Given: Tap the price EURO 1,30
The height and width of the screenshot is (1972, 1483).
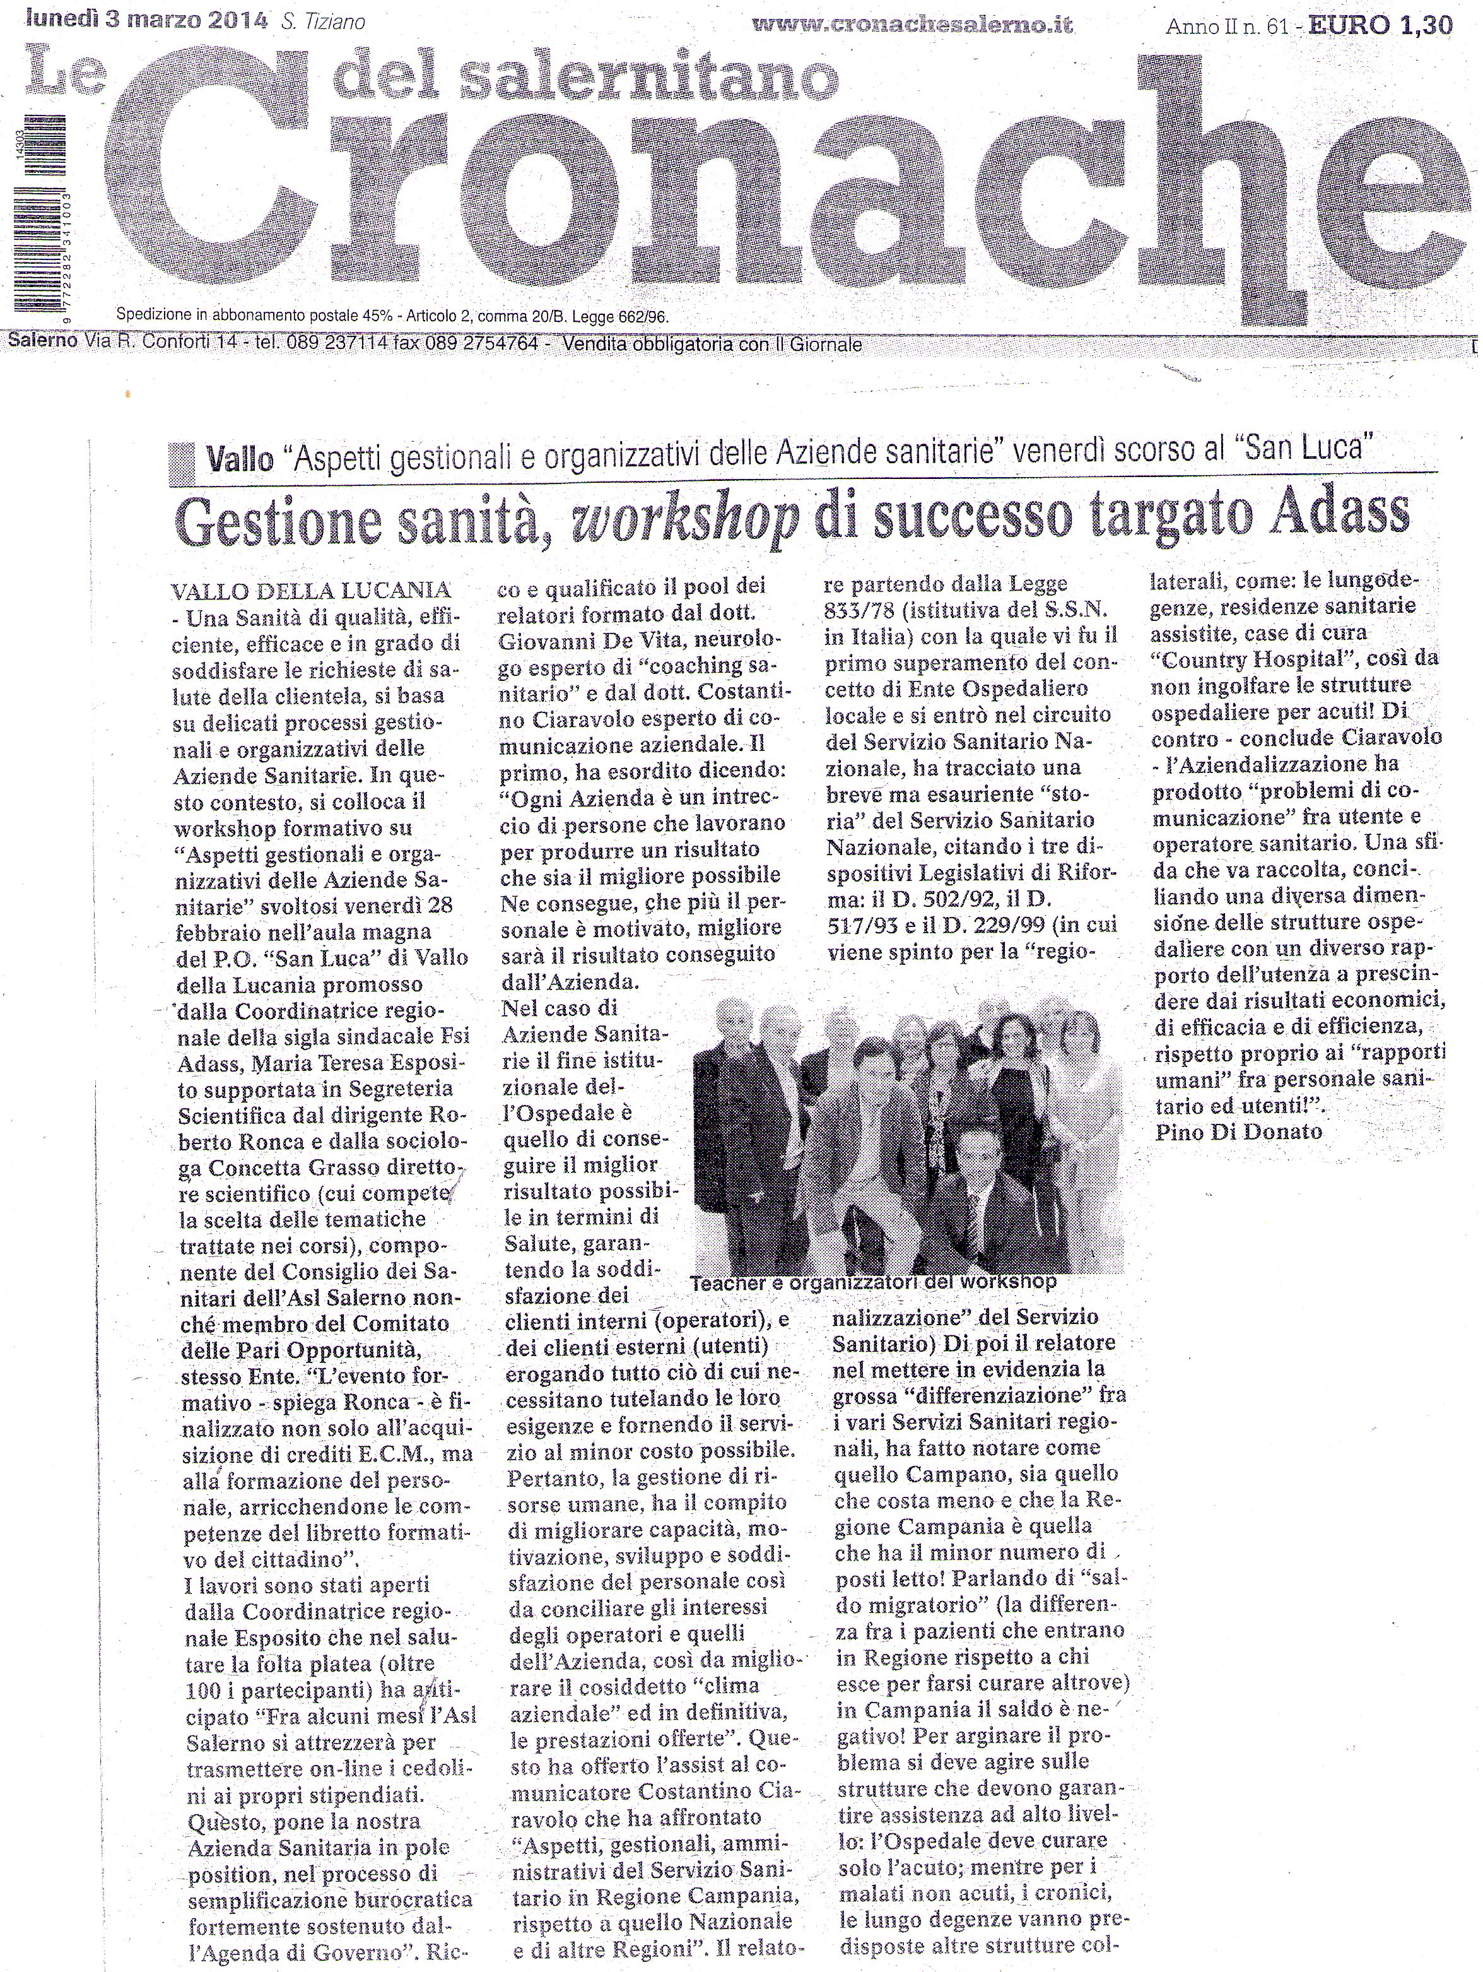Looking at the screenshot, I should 1397,26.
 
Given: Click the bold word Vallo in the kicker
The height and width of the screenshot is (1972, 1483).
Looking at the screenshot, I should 239,461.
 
